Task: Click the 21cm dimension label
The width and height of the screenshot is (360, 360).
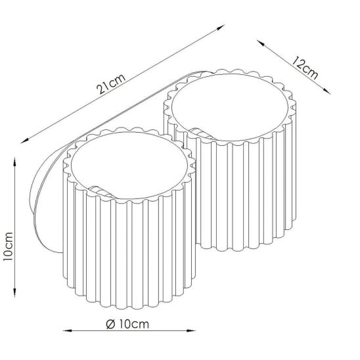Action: coord(111,84)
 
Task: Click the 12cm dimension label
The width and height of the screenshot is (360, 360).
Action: coord(305,68)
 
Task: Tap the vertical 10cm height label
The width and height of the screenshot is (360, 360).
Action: coord(8,246)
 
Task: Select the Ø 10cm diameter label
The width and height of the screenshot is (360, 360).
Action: coord(127,325)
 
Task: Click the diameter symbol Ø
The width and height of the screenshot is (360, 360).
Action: coord(110,325)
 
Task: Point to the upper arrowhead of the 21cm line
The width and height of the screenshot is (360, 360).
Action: coord(221,27)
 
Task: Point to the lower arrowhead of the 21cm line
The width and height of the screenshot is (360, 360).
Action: coord(24,141)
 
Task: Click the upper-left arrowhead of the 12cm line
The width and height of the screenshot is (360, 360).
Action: coord(260,43)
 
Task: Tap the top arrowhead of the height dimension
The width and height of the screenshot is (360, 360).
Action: coord(14,162)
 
